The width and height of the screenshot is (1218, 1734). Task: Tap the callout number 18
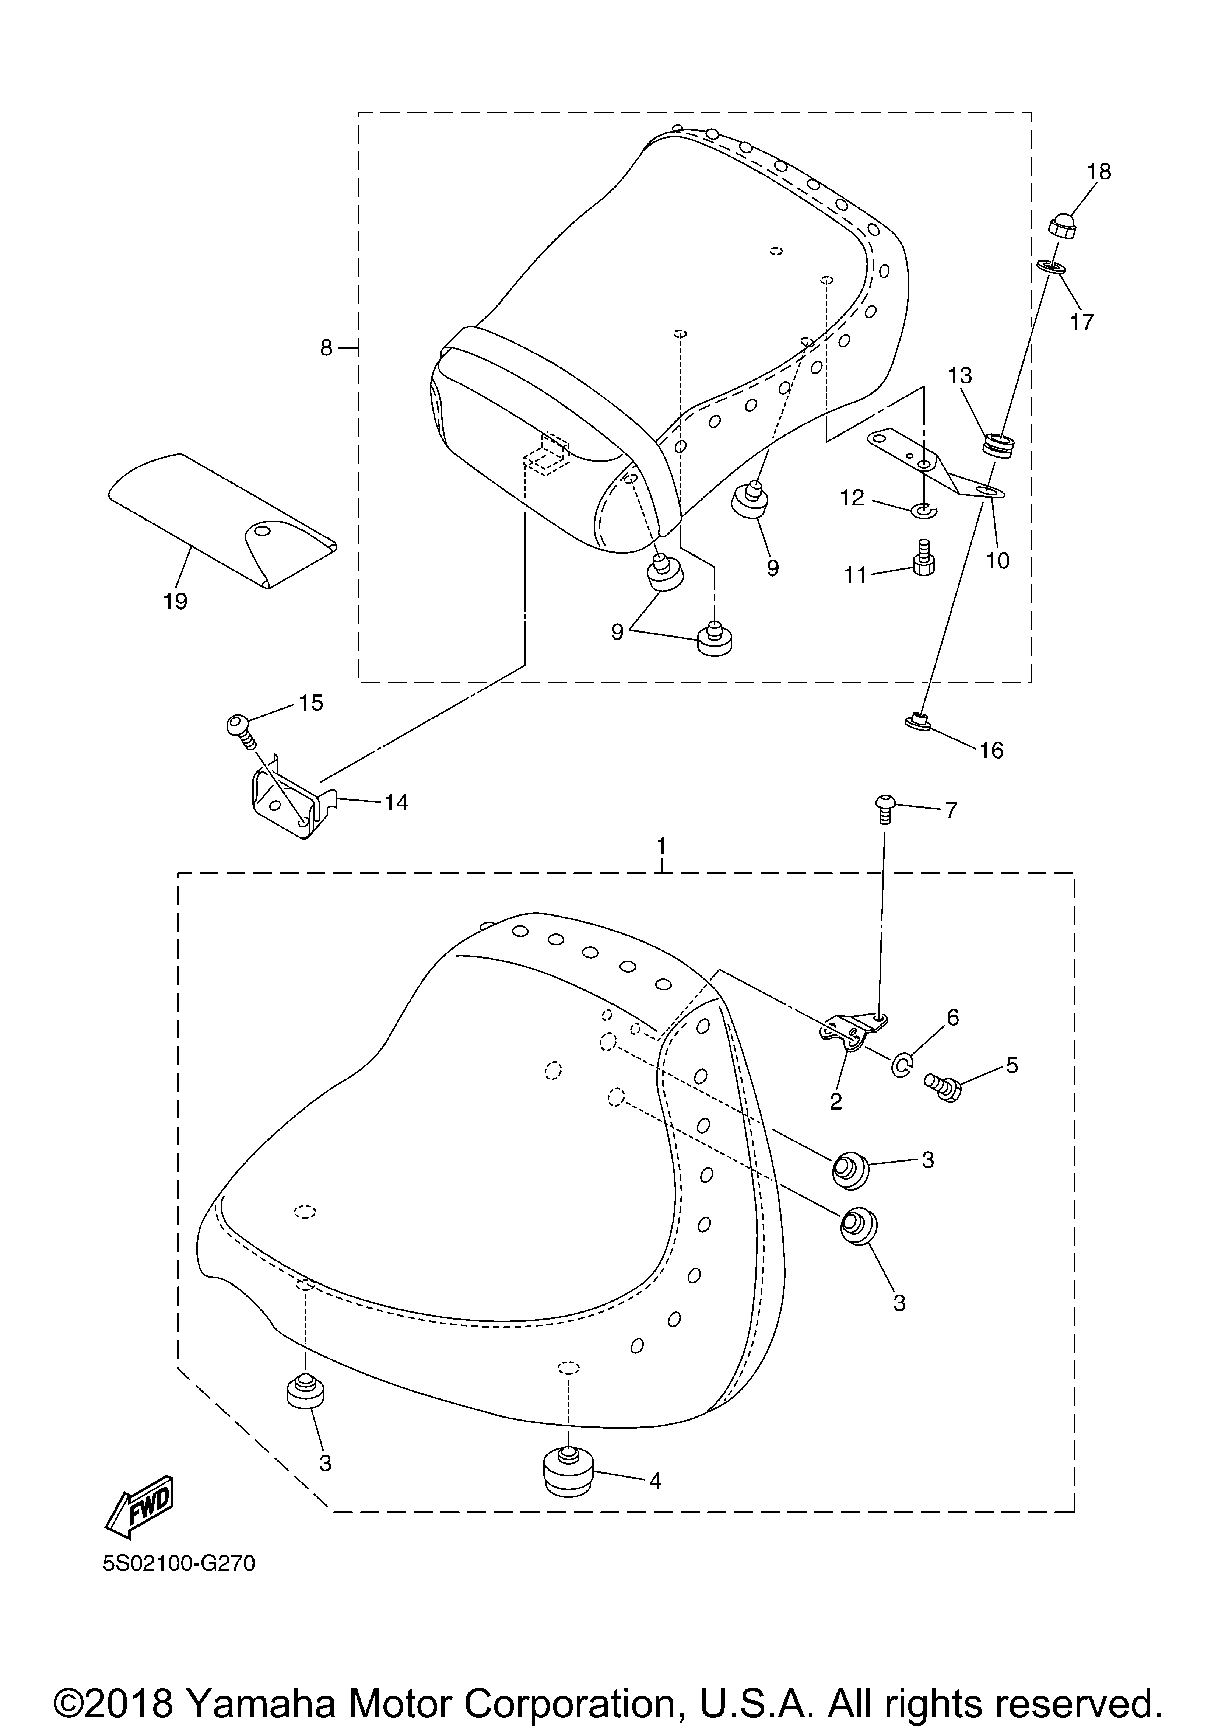pyautogui.click(x=1099, y=172)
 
